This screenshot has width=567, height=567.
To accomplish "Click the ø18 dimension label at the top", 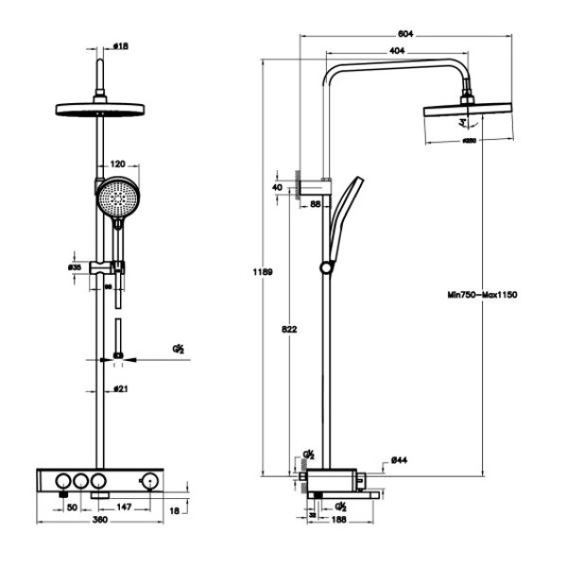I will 120,44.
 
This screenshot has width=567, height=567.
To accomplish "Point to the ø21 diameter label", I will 120,387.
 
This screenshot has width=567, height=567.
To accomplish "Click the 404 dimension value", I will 398,50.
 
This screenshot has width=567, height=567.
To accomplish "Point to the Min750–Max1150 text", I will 482,295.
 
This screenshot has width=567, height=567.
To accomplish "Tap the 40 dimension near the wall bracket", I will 277,187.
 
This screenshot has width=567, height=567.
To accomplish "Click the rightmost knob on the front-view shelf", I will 146,482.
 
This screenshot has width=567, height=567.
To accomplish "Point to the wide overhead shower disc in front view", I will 99,107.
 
